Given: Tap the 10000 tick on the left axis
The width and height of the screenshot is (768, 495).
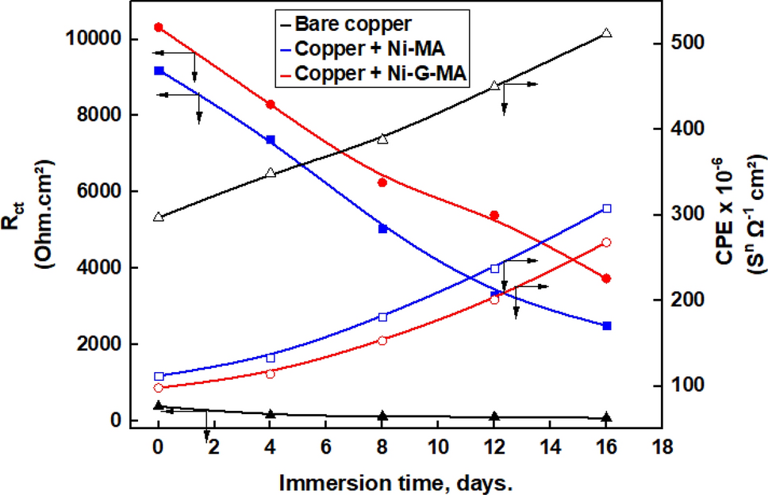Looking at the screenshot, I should pyautogui.click(x=101, y=39).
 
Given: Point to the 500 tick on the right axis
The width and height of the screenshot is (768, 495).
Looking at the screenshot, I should pyautogui.click(x=678, y=43).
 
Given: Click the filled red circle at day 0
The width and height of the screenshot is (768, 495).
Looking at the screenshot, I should pyautogui.click(x=158, y=28).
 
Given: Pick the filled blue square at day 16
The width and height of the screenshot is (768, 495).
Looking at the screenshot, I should pyautogui.click(x=607, y=326).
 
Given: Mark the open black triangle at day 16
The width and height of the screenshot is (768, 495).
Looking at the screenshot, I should pyautogui.click(x=607, y=33).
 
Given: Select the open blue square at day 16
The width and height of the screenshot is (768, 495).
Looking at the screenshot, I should pyautogui.click(x=607, y=209).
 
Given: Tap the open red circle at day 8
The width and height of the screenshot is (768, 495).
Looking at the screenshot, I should pyautogui.click(x=382, y=340).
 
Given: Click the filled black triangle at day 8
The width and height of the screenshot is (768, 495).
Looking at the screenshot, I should pyautogui.click(x=382, y=416).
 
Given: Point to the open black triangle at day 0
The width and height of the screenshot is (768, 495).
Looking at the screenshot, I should pyautogui.click(x=158, y=217).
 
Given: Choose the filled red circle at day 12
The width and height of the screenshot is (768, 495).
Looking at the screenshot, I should pyautogui.click(x=494, y=216).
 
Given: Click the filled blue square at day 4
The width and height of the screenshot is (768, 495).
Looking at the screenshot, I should pyautogui.click(x=271, y=140).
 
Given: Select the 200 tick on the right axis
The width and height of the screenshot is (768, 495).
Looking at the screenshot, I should pyautogui.click(x=678, y=300).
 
